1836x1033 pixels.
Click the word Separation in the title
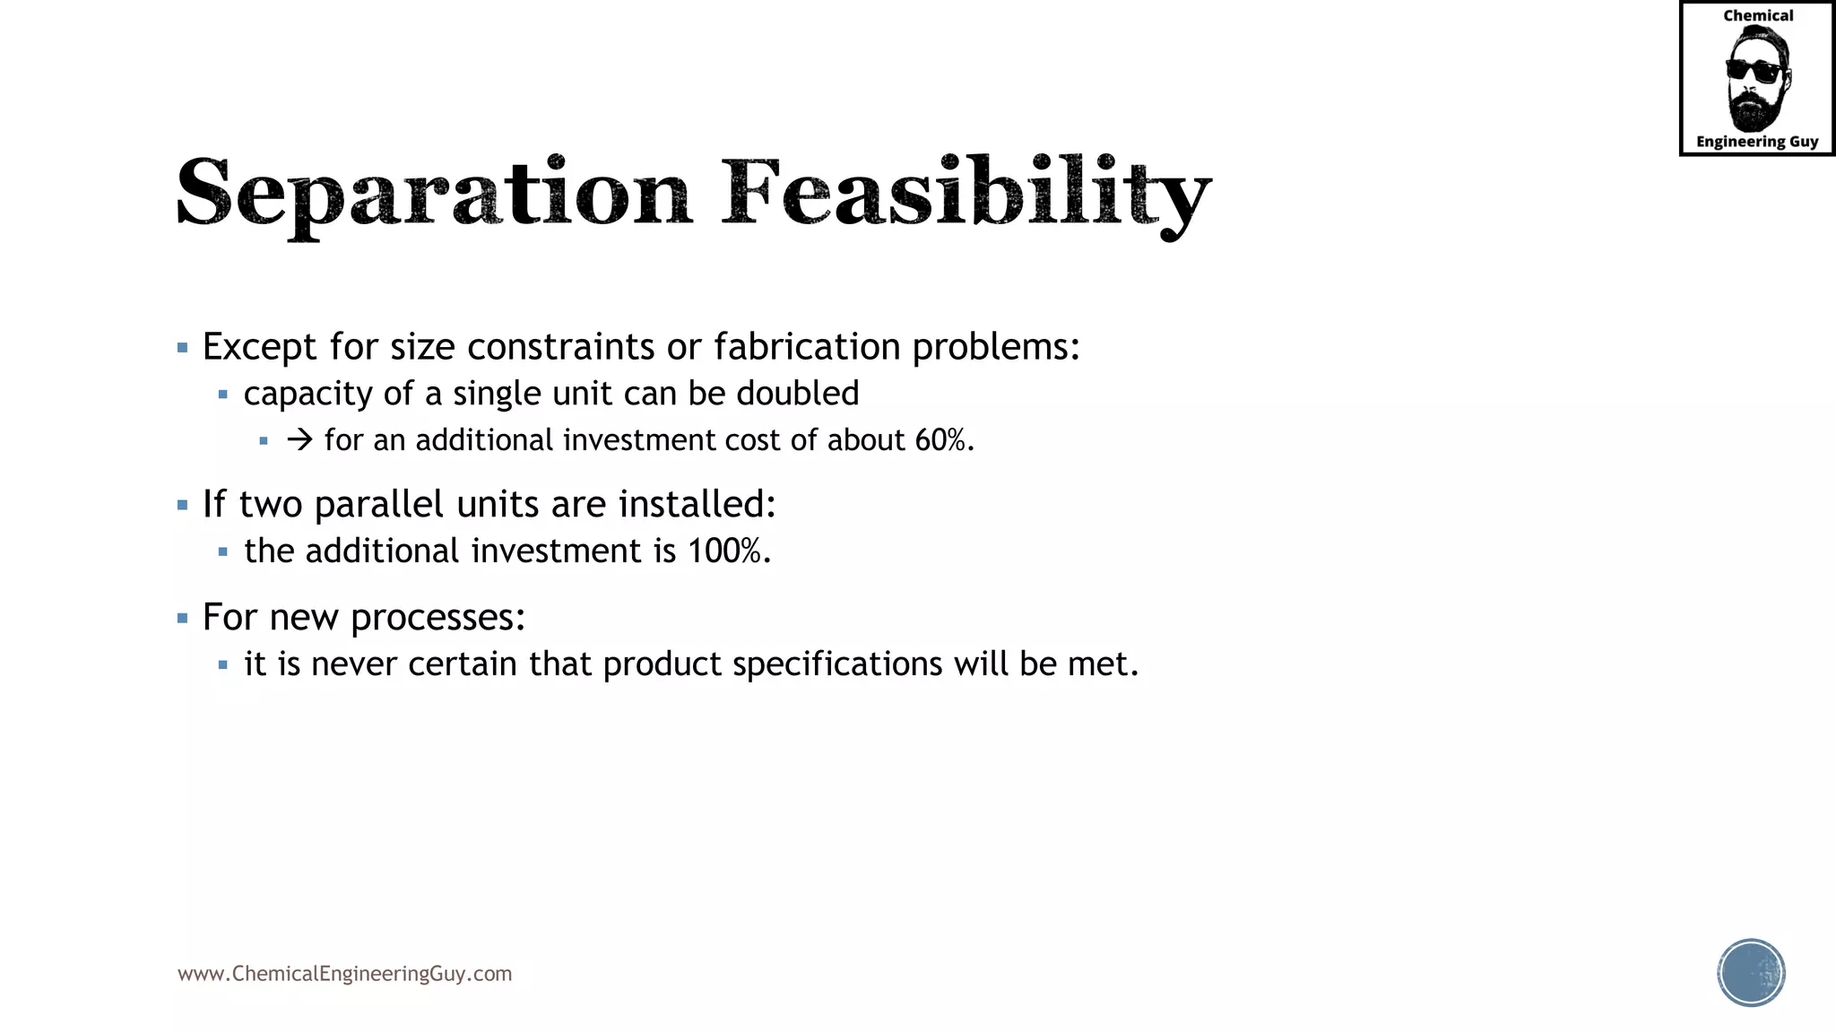click(x=434, y=194)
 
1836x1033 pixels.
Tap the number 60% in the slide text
click(x=941, y=440)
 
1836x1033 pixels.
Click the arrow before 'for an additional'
click(x=299, y=440)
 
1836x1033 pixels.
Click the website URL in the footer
click(x=344, y=974)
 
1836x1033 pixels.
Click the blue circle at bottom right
click(x=1751, y=973)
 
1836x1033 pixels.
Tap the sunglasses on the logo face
click(x=1754, y=71)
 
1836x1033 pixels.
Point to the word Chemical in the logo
click(x=1758, y=15)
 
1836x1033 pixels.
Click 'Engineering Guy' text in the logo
click(x=1756, y=142)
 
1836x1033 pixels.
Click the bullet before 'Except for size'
click(x=183, y=348)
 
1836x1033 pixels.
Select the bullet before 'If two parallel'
click(x=183, y=506)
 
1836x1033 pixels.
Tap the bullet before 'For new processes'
click(x=183, y=618)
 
